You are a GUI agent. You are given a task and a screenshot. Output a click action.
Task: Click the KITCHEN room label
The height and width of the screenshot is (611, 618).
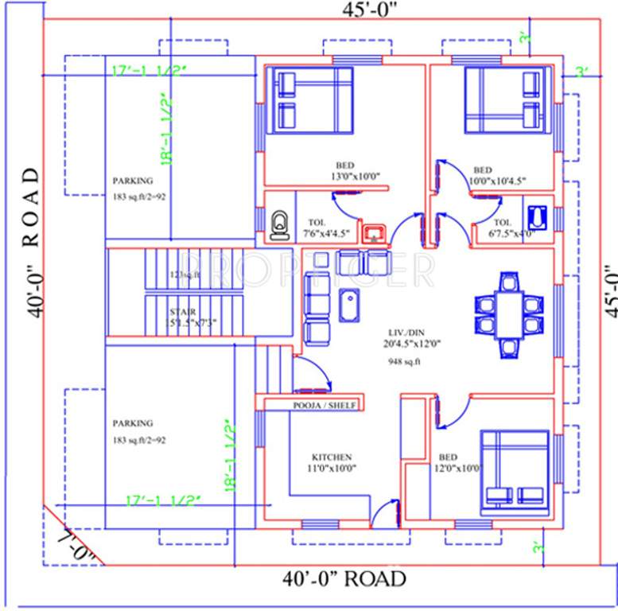tap(332, 457)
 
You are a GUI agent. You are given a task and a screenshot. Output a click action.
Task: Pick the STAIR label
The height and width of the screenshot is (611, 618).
tap(182, 312)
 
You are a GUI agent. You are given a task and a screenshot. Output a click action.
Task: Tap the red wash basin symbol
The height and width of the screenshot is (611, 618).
tap(374, 234)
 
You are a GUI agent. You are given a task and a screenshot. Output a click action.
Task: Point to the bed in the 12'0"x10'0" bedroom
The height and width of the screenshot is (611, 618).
tap(514, 472)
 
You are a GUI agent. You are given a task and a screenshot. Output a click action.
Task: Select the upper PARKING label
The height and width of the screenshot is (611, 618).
tap(132, 181)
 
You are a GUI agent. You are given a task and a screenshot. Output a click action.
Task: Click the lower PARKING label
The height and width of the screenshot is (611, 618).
tap(132, 423)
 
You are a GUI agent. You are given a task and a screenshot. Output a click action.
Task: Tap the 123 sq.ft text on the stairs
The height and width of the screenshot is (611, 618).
tap(185, 275)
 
